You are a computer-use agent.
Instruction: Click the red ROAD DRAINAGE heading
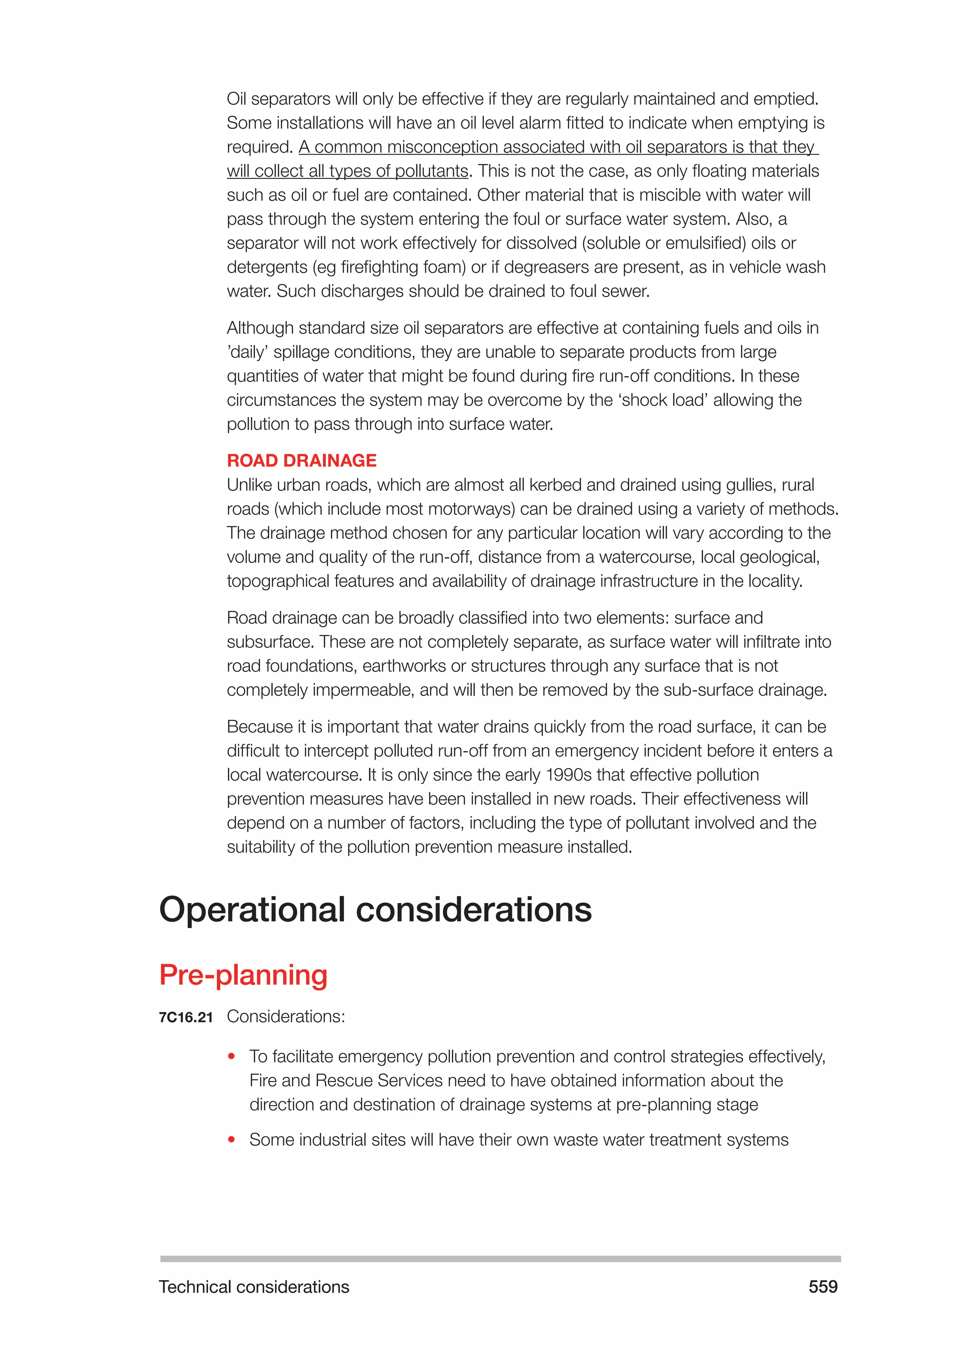click(x=301, y=461)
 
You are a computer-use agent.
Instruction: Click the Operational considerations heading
click(x=375, y=910)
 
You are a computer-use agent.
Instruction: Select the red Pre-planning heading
click(x=243, y=975)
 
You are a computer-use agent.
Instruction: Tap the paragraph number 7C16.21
click(x=186, y=1018)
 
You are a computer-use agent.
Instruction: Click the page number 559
click(x=823, y=1287)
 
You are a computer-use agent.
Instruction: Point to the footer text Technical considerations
click(x=254, y=1287)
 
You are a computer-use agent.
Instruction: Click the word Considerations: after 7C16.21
click(x=286, y=1017)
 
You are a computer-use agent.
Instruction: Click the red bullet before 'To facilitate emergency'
click(x=232, y=1057)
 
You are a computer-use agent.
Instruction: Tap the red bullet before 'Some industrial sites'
click(x=232, y=1140)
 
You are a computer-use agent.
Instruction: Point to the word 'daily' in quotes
click(x=248, y=352)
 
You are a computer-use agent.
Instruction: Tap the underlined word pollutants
click(x=431, y=171)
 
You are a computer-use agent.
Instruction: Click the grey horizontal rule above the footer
click(x=500, y=1259)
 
